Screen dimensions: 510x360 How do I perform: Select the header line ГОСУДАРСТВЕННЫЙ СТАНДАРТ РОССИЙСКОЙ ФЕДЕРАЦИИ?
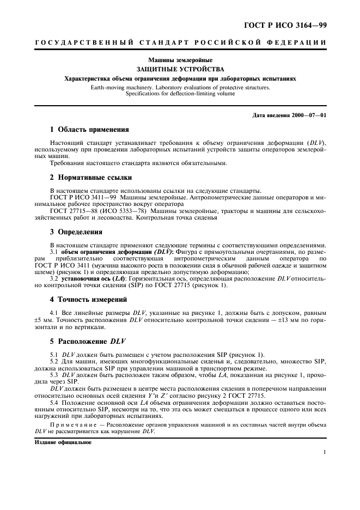(x=180, y=43)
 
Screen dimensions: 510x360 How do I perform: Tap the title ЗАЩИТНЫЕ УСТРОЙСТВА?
(x=180, y=70)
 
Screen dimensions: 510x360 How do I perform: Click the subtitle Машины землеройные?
(x=180, y=60)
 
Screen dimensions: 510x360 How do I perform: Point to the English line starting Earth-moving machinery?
(x=180, y=87)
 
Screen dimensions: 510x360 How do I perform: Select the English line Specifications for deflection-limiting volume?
(x=180, y=93)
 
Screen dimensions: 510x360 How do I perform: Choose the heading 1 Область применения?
(x=89, y=130)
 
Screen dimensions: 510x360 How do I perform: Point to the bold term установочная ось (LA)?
(x=93, y=278)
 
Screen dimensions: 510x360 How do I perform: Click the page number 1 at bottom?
(x=324, y=452)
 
